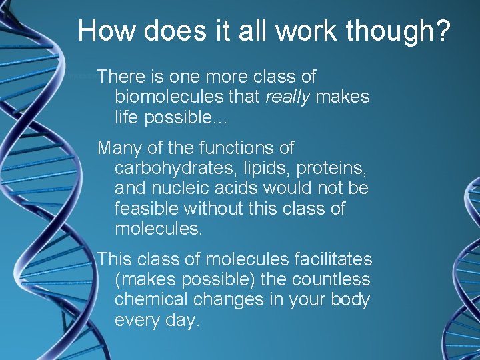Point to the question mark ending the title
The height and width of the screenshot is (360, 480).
pos(443,31)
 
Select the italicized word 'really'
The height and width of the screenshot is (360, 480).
pos(288,97)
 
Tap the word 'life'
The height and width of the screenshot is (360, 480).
pos(127,117)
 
